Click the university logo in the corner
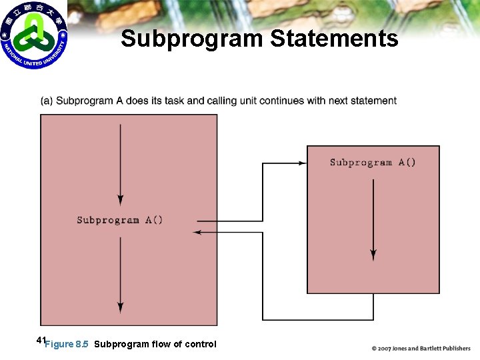click(34, 35)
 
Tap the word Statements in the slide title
click(334, 39)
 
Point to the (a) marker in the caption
click(47, 101)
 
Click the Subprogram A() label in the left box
click(120, 220)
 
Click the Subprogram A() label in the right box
click(373, 162)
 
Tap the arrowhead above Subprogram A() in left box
click(120, 199)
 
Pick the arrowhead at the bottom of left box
click(120, 307)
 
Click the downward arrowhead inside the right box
click(373, 255)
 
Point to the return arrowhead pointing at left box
click(197, 232)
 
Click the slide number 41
click(41, 341)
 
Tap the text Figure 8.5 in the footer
click(67, 345)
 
